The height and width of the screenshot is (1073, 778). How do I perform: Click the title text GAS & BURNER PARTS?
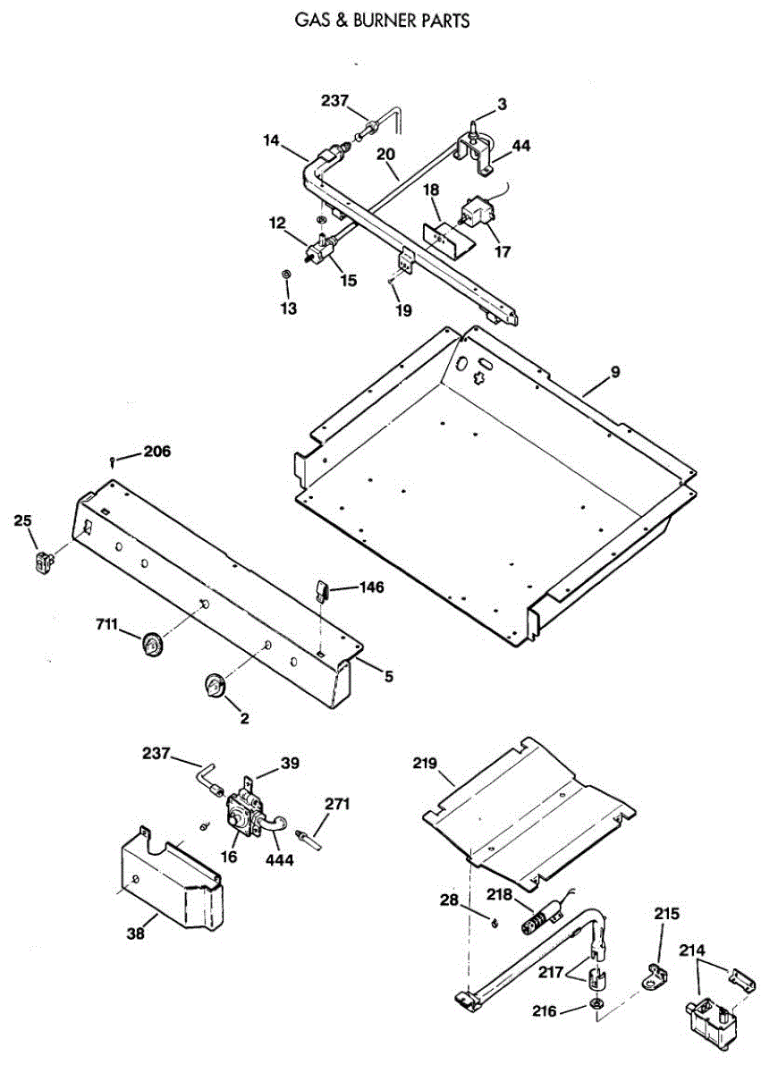[382, 20]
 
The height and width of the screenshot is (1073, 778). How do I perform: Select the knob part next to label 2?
[215, 685]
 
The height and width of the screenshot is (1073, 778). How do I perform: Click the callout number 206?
[156, 452]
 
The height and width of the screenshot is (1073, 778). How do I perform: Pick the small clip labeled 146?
[324, 590]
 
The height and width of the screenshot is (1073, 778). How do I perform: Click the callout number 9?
[615, 374]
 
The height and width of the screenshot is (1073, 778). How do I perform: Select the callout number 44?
[520, 146]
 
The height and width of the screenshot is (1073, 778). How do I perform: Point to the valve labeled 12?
[317, 249]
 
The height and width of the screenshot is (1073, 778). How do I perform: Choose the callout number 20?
[385, 154]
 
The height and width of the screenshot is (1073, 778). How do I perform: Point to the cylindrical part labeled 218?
[539, 918]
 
